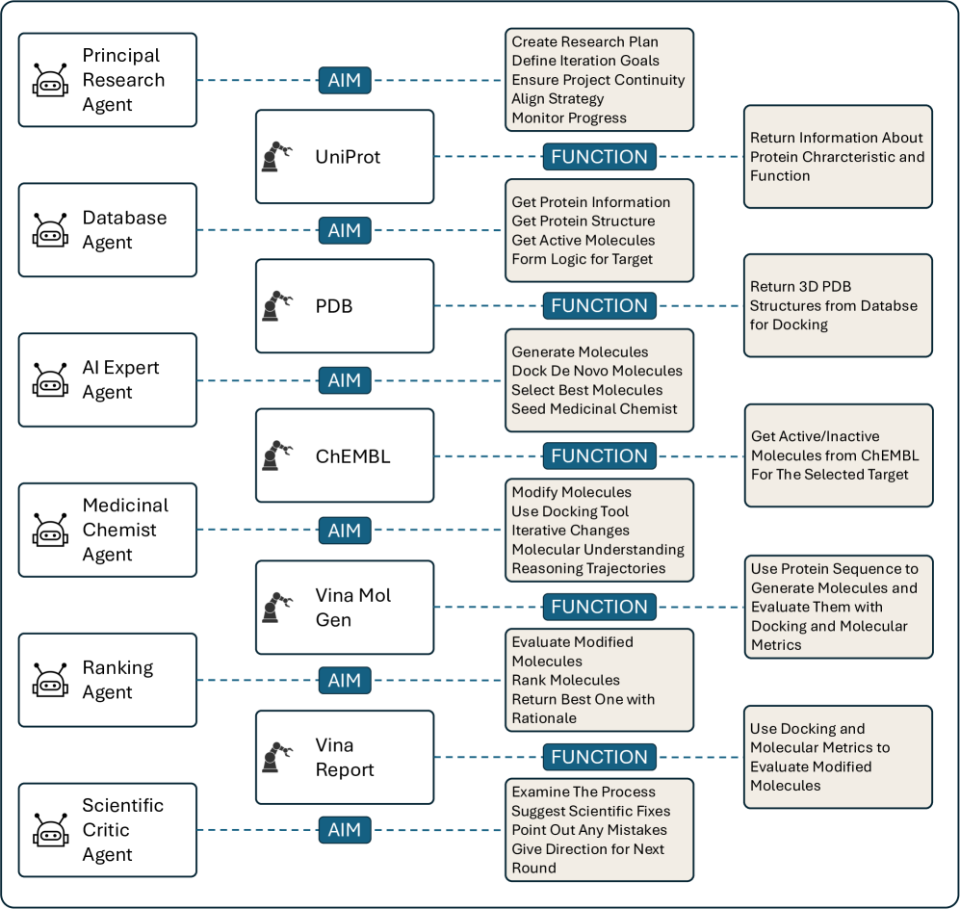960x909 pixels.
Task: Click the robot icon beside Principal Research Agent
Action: (x=50, y=81)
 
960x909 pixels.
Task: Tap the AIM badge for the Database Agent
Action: (x=344, y=230)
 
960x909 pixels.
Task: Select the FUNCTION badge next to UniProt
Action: (x=599, y=156)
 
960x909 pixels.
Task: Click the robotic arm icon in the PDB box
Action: (x=276, y=306)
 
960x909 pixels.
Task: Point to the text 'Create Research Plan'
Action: (x=584, y=41)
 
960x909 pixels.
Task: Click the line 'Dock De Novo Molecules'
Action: (x=596, y=371)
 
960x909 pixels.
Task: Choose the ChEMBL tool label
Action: (x=352, y=456)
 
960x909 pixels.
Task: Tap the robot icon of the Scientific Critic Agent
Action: (x=50, y=831)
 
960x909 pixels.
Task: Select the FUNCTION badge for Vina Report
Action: (x=599, y=757)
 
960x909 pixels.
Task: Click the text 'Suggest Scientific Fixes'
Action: (x=590, y=811)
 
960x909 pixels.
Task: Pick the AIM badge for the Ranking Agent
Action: (x=344, y=681)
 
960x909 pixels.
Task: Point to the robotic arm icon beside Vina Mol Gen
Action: (x=276, y=608)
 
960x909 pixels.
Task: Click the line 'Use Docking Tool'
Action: (x=570, y=511)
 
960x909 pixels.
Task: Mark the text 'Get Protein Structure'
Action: (x=583, y=221)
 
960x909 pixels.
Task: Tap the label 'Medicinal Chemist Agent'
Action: (x=125, y=530)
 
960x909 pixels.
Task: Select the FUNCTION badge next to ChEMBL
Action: (x=599, y=456)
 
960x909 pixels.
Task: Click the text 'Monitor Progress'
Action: (x=568, y=118)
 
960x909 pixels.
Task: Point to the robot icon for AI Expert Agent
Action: (x=50, y=381)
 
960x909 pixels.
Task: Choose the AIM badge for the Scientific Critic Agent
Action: (x=344, y=830)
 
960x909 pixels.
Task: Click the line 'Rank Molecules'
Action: (x=565, y=680)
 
